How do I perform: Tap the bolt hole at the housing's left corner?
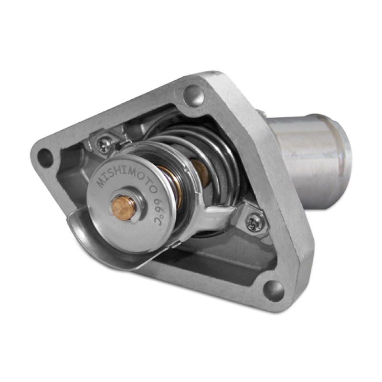45,158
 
